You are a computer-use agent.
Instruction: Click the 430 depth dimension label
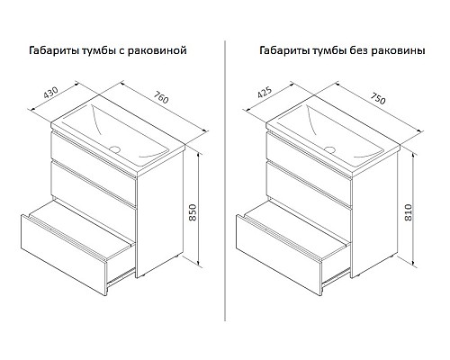click(x=50, y=93)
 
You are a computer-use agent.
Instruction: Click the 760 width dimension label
click(x=161, y=96)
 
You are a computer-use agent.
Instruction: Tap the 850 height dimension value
click(x=193, y=212)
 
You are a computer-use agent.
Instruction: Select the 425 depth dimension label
click(x=265, y=92)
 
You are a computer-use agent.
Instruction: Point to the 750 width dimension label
click(x=378, y=98)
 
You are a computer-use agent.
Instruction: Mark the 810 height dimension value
click(x=409, y=212)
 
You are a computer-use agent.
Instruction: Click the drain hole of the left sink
click(x=114, y=148)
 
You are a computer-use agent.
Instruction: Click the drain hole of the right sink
click(x=330, y=149)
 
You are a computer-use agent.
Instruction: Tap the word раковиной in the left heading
click(x=157, y=50)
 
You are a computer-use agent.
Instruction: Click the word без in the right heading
click(x=359, y=50)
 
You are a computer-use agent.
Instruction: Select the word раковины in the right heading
click(x=399, y=51)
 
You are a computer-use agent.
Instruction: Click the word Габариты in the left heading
click(x=54, y=50)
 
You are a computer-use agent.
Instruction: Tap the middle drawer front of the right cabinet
click(x=309, y=184)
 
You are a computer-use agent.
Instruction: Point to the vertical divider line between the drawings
click(x=225, y=181)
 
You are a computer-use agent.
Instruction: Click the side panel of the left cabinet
click(x=159, y=213)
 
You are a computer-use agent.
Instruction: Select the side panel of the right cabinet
click(x=374, y=213)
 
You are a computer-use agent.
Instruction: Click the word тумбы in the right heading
click(x=329, y=50)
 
